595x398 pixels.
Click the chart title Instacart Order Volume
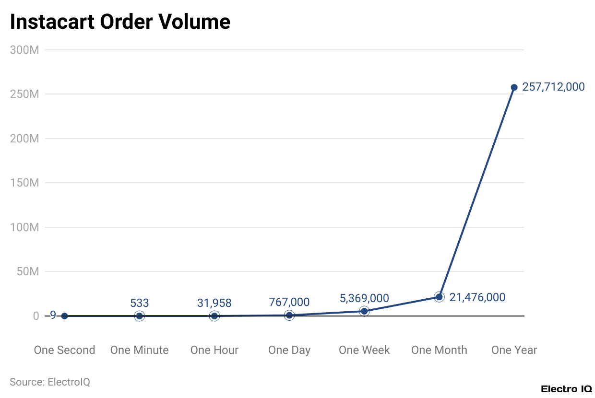point(120,22)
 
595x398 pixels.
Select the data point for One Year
point(514,87)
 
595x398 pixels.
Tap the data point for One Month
point(439,297)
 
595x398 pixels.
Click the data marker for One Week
point(364,311)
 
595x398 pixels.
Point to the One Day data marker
point(289,315)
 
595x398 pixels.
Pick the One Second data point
point(64,316)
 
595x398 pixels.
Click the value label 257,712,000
point(553,87)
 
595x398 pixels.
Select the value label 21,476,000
point(477,297)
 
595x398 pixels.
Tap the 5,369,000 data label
point(364,298)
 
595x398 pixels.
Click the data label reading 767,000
point(289,302)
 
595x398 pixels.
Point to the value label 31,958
point(214,303)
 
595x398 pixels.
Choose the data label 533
point(139,303)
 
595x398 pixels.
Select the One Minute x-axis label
point(139,350)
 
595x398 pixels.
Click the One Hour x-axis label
point(214,350)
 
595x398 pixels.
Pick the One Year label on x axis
point(514,350)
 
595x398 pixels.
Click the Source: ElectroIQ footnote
point(50,382)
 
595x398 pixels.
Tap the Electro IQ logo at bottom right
point(566,389)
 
